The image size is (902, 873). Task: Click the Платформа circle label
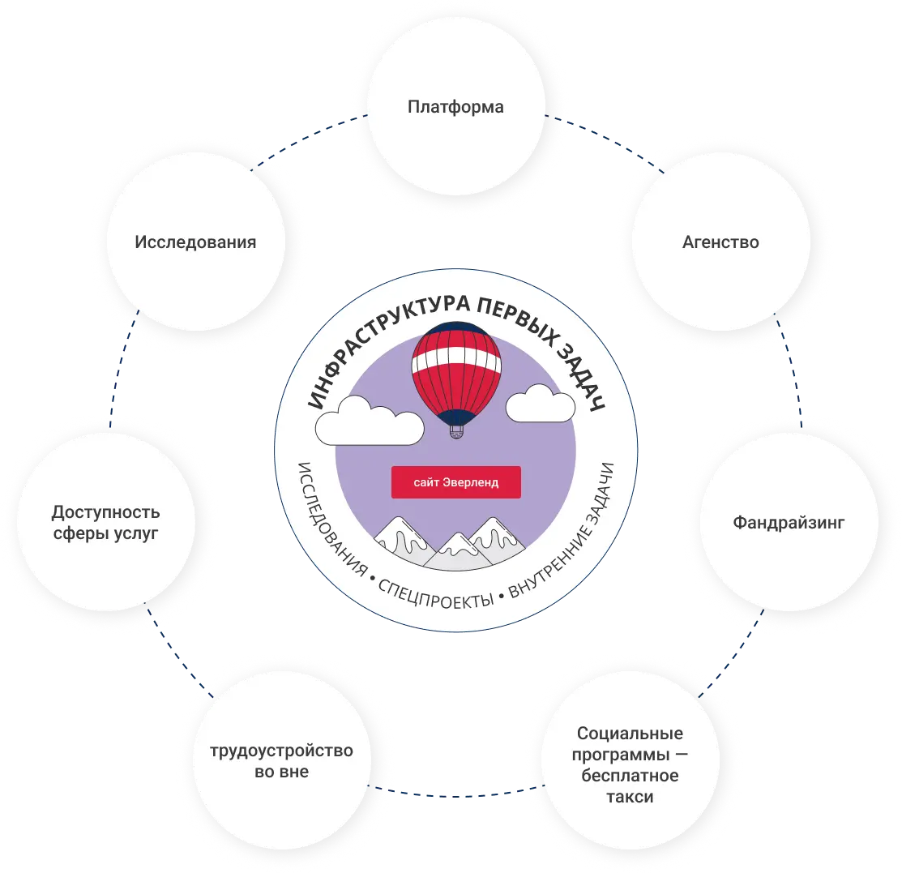pos(455,107)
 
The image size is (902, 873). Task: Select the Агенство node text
pos(720,242)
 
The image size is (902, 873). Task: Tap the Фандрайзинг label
pos(789,523)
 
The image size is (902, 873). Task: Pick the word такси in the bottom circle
pos(629,797)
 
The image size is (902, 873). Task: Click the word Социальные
pos(630,734)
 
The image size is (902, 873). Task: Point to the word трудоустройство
pos(281,751)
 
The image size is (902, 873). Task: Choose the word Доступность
pos(105,512)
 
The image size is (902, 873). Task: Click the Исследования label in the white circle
pos(195,242)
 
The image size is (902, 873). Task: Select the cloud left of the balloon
pos(370,418)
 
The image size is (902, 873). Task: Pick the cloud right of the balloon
pos(540,404)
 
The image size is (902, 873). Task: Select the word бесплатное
pos(630,776)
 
